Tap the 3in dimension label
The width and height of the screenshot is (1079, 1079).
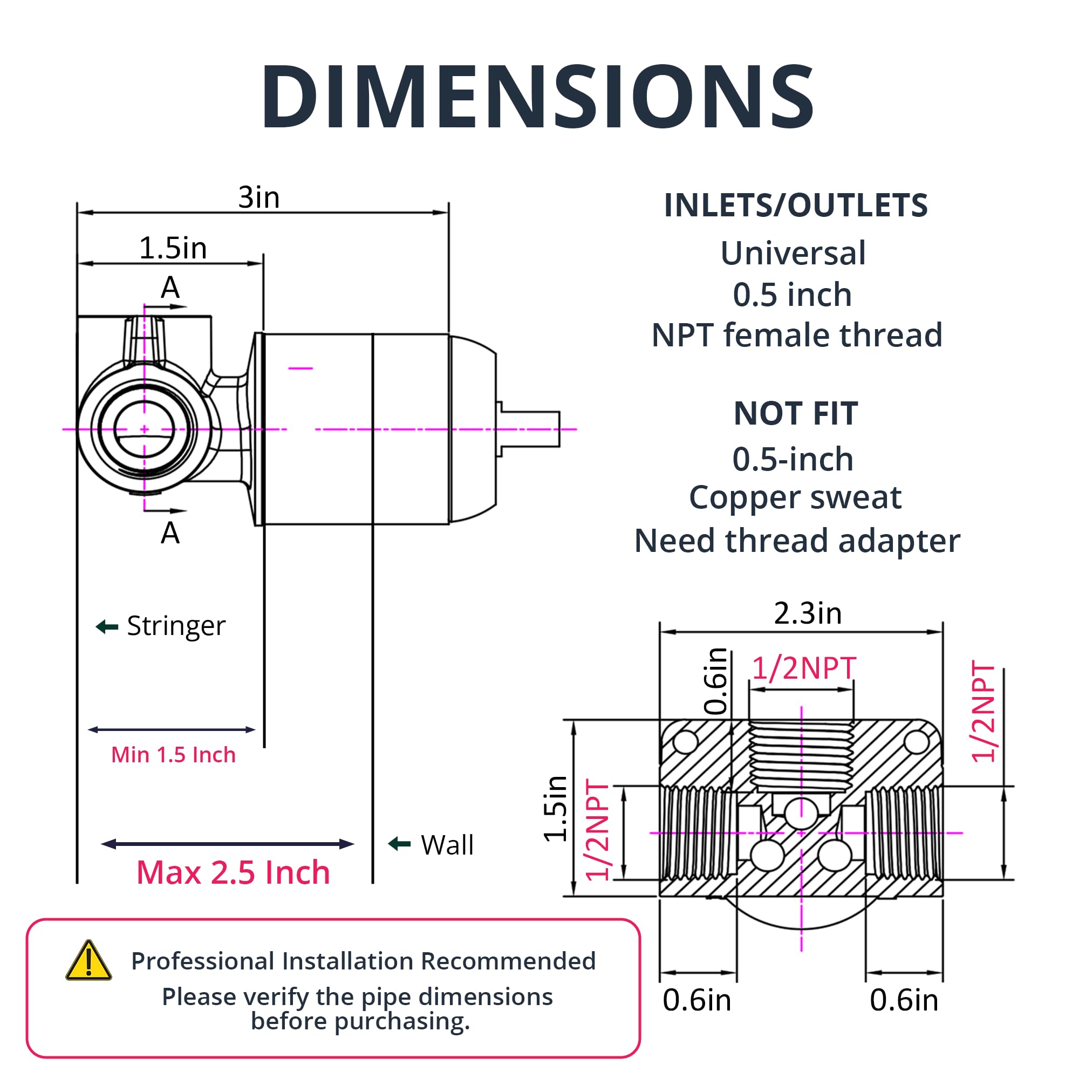tap(258, 197)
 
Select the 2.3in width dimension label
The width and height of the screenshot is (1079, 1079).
tap(808, 613)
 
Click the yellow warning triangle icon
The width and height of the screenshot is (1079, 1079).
tap(88, 961)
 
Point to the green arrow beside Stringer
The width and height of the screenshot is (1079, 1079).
tap(107, 626)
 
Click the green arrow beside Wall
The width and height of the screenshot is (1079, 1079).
tap(399, 843)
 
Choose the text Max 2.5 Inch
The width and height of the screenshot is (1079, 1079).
tap(234, 872)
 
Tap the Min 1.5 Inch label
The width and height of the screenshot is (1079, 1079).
tap(173, 755)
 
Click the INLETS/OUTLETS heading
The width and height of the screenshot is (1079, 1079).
tap(796, 205)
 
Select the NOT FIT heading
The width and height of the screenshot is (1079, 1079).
tap(796, 413)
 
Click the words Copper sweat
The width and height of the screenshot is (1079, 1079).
tap(795, 497)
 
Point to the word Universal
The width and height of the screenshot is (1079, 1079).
tap(793, 253)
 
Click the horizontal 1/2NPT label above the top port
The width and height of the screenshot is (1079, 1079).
tap(804, 668)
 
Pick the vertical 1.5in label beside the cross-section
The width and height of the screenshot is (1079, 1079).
tap(556, 809)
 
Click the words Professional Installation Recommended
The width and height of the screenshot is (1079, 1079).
tap(364, 961)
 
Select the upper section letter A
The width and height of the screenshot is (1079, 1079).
tap(170, 288)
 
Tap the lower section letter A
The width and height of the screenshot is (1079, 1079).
tap(170, 533)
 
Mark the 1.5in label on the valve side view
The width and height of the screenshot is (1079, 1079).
tap(173, 248)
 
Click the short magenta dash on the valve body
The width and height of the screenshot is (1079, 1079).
tap(301, 368)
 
